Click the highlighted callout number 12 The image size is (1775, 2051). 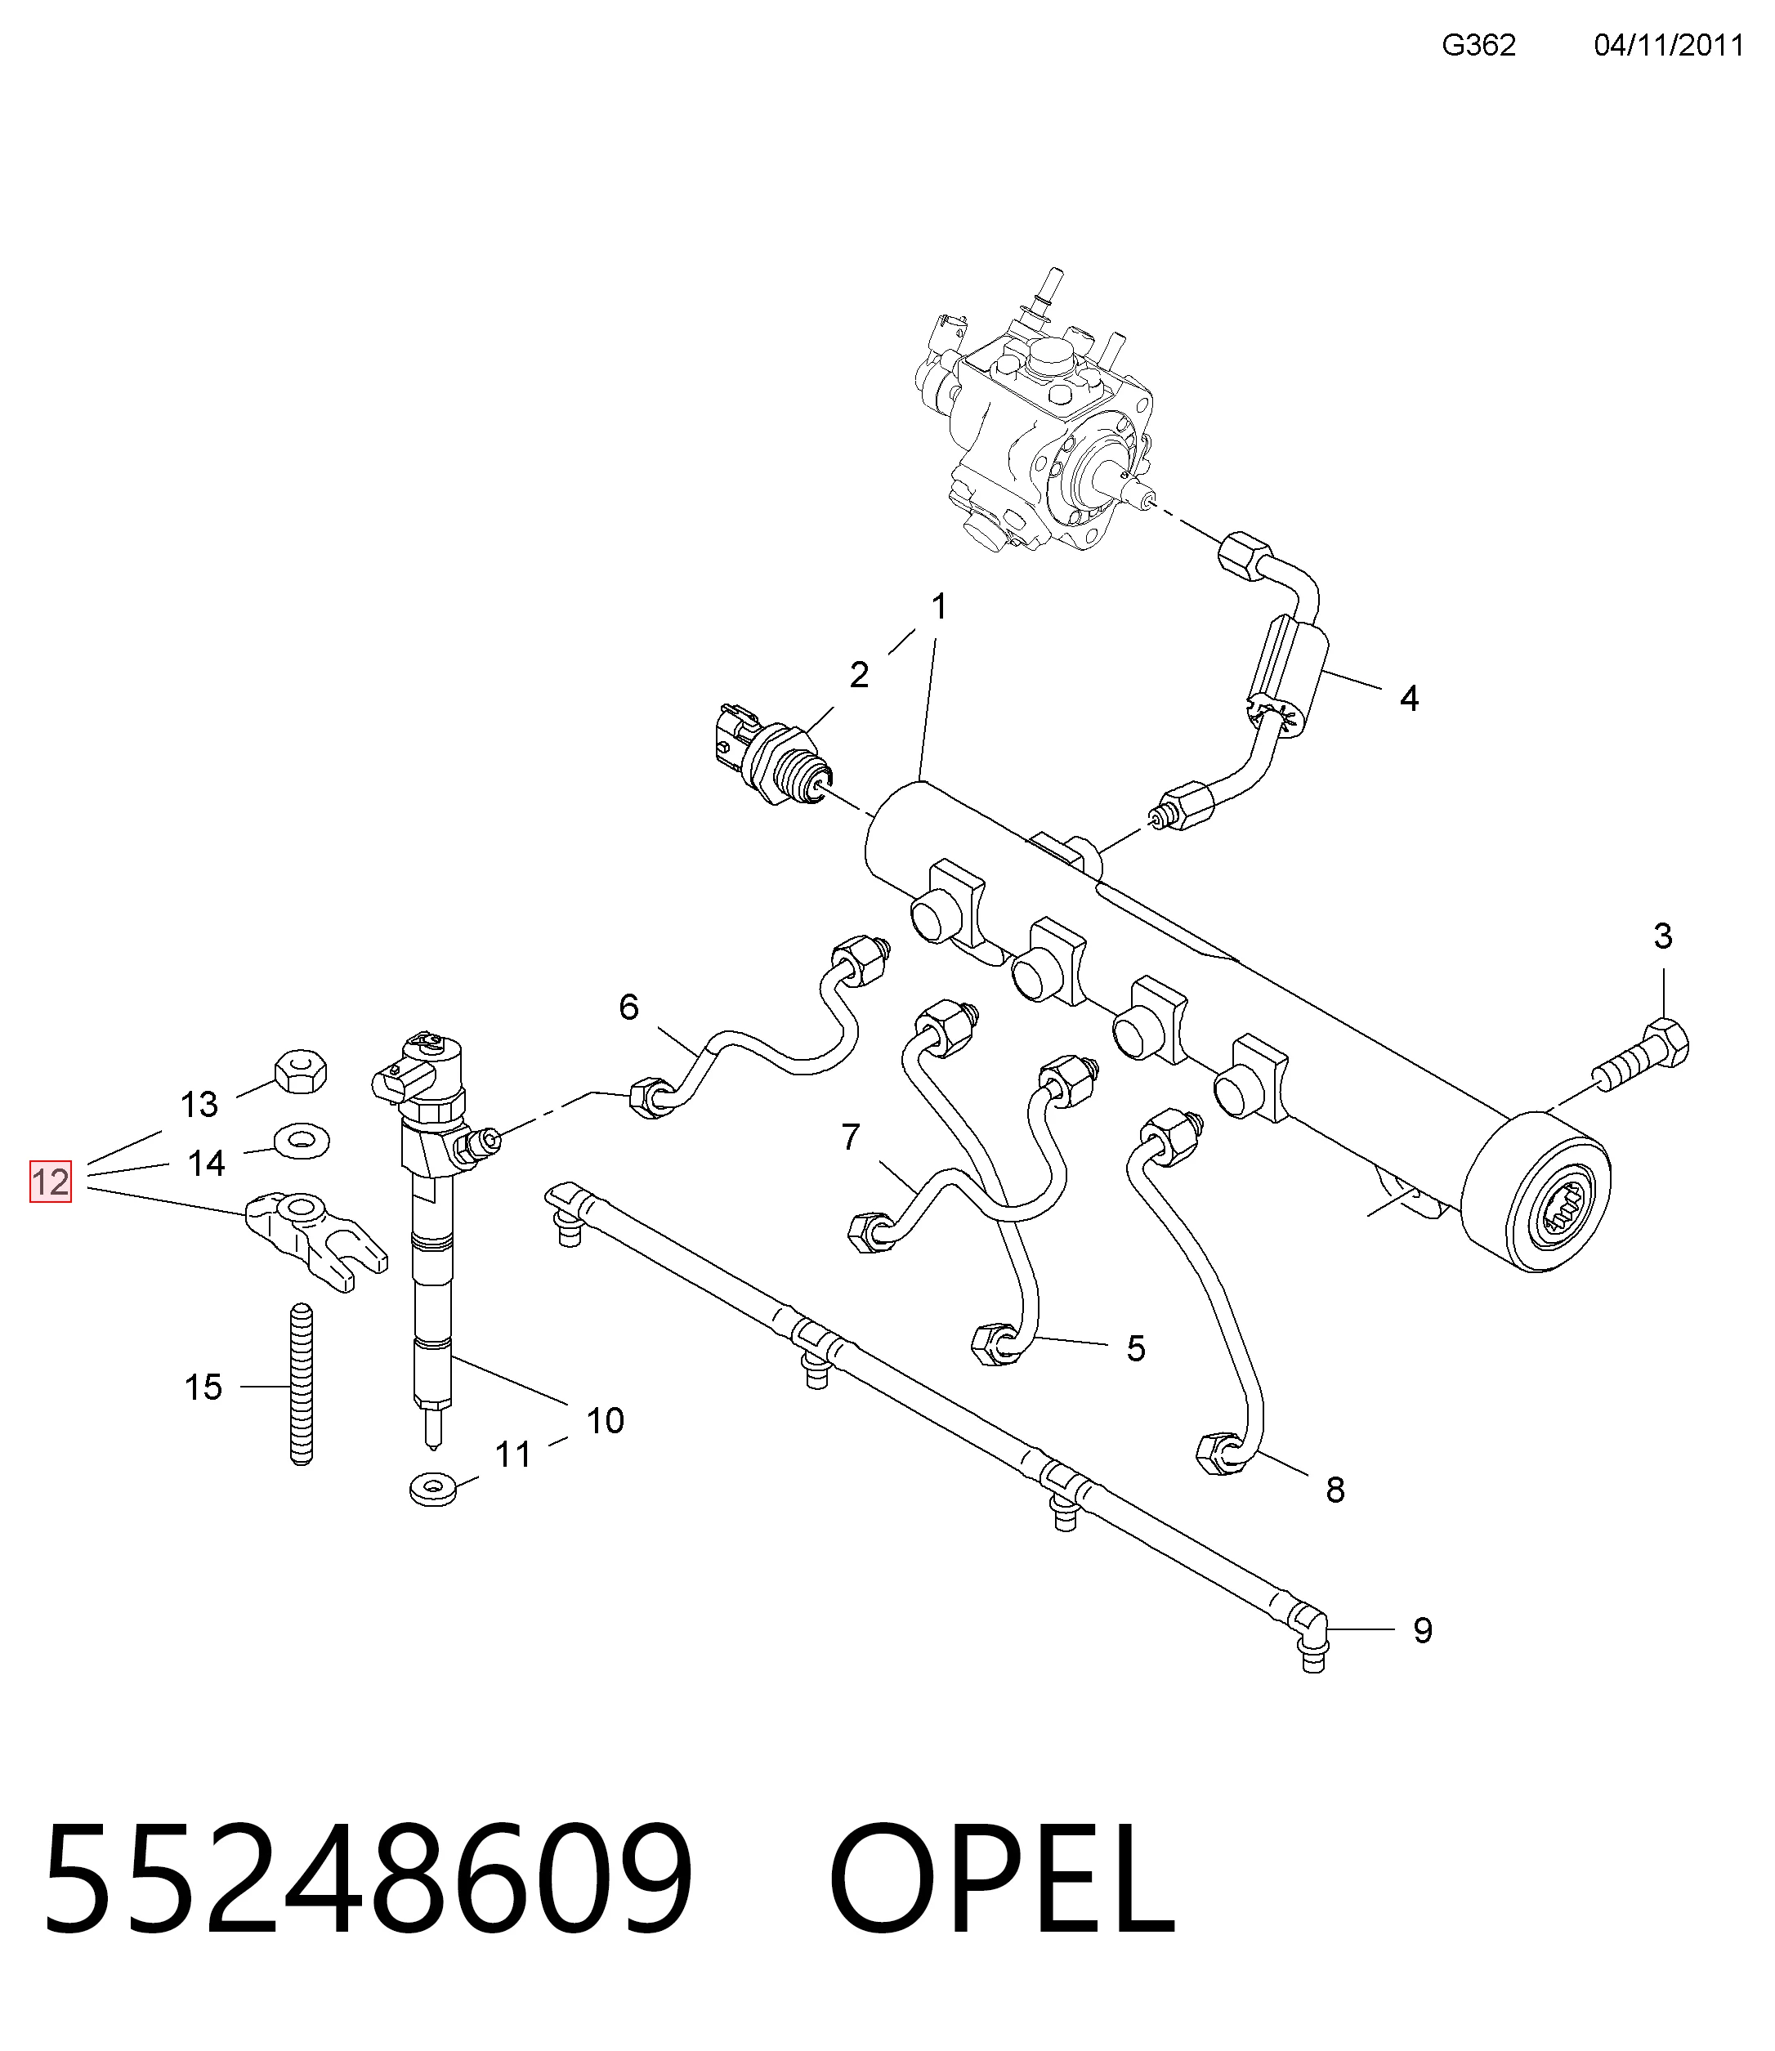(51, 1182)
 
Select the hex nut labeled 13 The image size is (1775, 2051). (300, 1070)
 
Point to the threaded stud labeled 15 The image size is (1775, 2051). (301, 1386)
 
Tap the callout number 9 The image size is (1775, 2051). (1423, 1629)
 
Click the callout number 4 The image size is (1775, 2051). (1409, 698)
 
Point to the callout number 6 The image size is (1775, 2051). (629, 1008)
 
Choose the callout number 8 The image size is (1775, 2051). (1335, 1517)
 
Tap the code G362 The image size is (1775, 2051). (1479, 46)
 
